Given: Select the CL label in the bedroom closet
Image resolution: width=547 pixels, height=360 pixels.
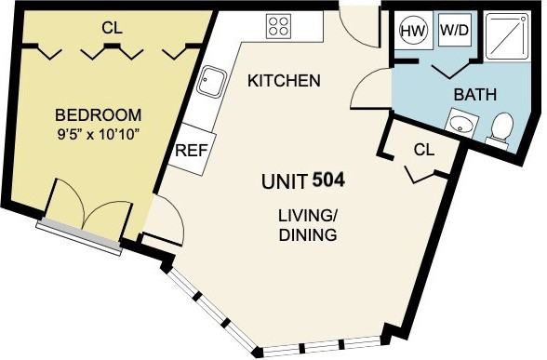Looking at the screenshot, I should [x=111, y=30].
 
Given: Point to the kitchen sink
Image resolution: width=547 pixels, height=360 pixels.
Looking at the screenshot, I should [x=213, y=85].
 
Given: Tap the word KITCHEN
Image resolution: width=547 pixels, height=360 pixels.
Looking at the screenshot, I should [x=284, y=81].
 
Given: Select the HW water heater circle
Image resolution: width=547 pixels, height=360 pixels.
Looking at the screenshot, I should [x=413, y=30].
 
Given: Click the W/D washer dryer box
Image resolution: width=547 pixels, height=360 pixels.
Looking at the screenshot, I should [x=454, y=30].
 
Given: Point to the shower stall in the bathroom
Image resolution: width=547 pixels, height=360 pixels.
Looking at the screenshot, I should [x=506, y=36].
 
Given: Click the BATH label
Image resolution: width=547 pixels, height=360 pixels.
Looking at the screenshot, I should [x=474, y=95].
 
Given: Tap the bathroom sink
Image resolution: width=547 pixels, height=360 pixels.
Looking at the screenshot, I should [x=460, y=123].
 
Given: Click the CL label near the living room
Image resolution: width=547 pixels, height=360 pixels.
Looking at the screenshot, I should [x=423, y=149].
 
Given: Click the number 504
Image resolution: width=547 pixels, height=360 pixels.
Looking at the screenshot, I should [x=329, y=178].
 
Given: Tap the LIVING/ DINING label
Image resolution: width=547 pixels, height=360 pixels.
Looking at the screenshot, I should [x=307, y=225].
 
